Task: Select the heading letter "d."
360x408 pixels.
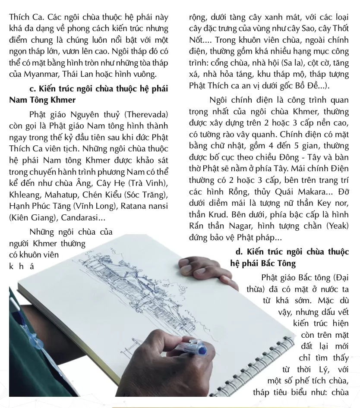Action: (239, 251)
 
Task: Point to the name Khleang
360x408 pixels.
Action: (23, 195)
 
